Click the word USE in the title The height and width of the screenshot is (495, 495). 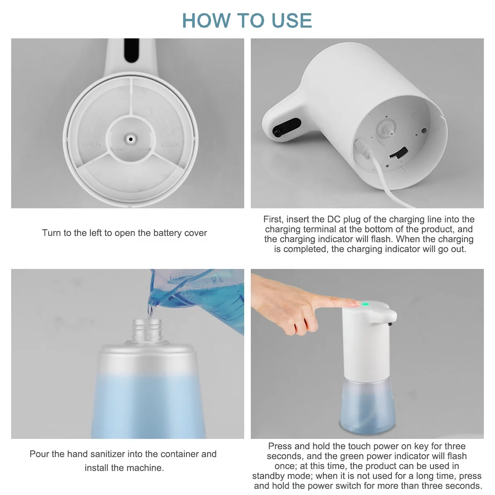292,20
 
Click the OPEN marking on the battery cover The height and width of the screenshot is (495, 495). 91,143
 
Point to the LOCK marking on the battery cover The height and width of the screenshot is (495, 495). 170,144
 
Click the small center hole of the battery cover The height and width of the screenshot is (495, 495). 131,139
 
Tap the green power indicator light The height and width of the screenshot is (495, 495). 365,305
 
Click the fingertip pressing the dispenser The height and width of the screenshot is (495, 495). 356,303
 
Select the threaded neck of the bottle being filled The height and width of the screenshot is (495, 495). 147,330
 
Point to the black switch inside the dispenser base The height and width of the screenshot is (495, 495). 398,153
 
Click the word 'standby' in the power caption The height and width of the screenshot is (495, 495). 269,476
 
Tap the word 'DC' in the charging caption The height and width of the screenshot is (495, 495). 333,219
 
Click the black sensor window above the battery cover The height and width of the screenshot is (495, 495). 131,50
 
